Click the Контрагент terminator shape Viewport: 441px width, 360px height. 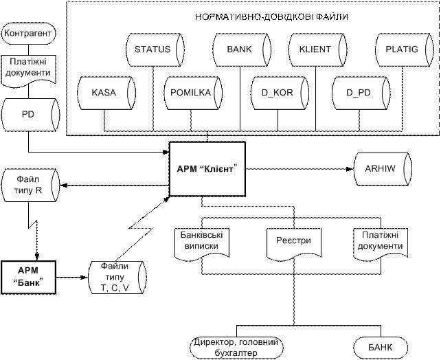[28, 33]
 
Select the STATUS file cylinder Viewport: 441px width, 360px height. [155, 49]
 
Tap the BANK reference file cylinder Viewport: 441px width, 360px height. [242, 49]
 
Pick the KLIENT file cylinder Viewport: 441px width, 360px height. [317, 49]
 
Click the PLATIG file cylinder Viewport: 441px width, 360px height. [404, 49]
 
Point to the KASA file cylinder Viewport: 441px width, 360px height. [106, 93]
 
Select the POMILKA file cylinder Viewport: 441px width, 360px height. [193, 93]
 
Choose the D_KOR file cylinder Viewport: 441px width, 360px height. [280, 93]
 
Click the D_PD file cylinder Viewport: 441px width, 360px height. [361, 93]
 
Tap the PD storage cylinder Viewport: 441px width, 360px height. [30, 115]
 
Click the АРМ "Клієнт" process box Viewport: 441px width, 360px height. [207, 169]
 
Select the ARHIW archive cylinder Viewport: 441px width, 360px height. [383, 169]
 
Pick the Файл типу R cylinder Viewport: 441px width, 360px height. [30, 185]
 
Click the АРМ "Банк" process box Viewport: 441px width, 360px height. [28, 278]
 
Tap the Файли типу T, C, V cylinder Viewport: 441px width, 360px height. [117, 278]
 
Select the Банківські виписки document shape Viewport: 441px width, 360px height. [202, 244]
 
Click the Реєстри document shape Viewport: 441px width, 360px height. [293, 244]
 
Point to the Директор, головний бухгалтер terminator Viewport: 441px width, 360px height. [236, 348]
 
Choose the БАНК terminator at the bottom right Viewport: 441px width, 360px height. [381, 348]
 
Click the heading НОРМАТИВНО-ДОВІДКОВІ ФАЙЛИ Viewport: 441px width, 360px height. [272, 17]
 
